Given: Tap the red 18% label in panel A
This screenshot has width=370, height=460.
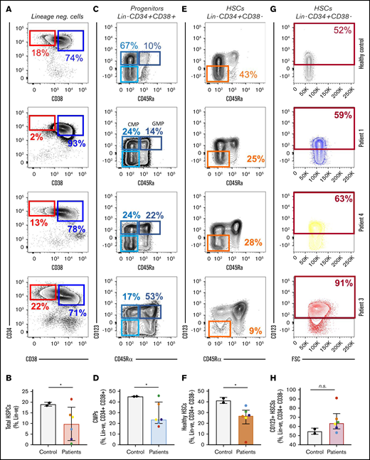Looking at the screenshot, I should coord(39,53).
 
